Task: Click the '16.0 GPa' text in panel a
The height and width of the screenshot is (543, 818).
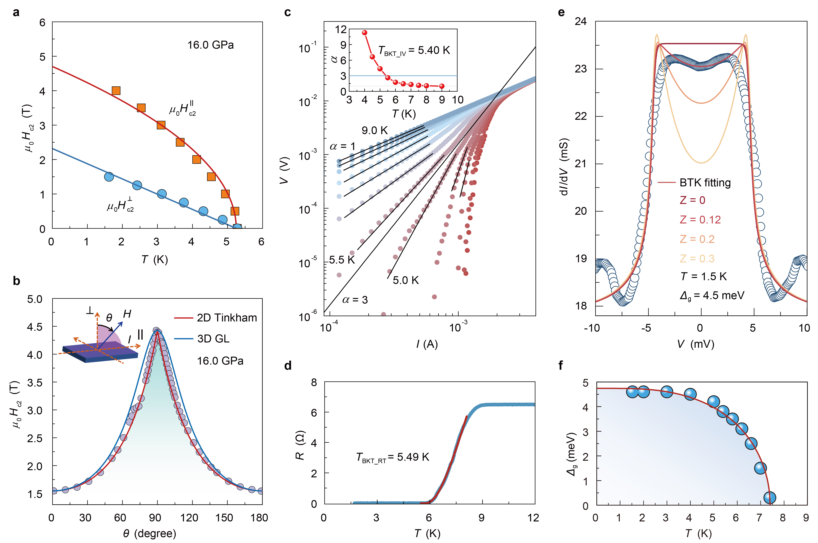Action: pyautogui.click(x=211, y=45)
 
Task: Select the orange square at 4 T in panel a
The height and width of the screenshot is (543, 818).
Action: pyautogui.click(x=116, y=91)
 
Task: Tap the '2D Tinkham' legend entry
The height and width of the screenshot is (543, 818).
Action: pyautogui.click(x=227, y=317)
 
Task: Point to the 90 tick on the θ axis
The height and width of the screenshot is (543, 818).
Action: pyautogui.click(x=155, y=518)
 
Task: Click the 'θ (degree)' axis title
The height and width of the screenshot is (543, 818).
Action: pyautogui.click(x=150, y=533)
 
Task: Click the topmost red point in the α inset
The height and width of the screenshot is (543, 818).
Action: pyautogui.click(x=364, y=33)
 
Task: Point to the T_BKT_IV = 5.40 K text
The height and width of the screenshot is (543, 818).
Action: pyautogui.click(x=414, y=51)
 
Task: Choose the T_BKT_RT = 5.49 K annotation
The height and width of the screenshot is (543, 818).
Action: pyautogui.click(x=392, y=457)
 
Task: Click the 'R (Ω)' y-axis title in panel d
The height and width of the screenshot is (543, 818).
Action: pyautogui.click(x=300, y=445)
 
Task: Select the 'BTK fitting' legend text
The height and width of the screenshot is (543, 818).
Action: pyautogui.click(x=705, y=183)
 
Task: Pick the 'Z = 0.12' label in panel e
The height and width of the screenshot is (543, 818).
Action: pyautogui.click(x=700, y=219)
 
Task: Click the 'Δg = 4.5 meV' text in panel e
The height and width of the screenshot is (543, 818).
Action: pyautogui.click(x=712, y=295)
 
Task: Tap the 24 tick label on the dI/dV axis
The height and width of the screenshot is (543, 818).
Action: pyautogui.click(x=581, y=21)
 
